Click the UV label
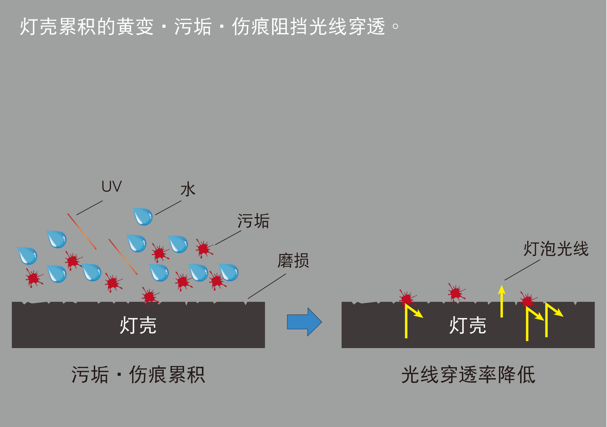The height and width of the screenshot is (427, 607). (111, 186)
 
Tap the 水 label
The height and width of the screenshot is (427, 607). (188, 189)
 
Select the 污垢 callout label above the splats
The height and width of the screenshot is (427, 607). (253, 221)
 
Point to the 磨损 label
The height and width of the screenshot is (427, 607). (293, 260)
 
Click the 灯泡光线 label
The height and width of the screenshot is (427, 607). (556, 249)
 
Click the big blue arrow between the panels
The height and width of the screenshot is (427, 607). (304, 322)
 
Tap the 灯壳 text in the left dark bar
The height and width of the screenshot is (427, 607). (138, 325)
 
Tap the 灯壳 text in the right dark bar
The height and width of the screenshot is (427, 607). (468, 325)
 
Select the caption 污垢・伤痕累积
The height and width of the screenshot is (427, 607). (138, 375)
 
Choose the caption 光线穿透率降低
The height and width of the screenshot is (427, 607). (468, 375)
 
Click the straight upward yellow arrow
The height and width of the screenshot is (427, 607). (502, 301)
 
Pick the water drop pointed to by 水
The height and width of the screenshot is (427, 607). (143, 217)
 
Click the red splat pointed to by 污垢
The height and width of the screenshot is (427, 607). (204, 249)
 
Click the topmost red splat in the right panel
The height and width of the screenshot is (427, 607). (456, 293)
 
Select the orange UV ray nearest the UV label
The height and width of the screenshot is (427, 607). (82, 232)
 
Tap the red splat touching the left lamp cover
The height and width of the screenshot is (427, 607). (150, 297)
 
